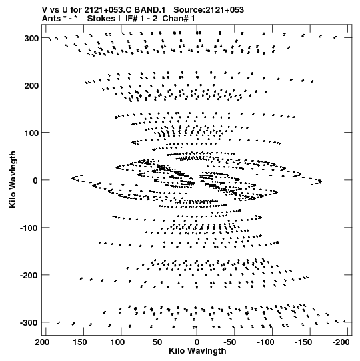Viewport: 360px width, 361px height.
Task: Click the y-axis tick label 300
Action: (31, 38)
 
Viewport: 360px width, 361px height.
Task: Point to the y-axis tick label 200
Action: (31, 85)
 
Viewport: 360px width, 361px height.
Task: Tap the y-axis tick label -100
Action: (29, 228)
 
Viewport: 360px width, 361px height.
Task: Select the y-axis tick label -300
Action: (29, 323)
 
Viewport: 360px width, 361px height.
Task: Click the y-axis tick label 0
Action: (35, 180)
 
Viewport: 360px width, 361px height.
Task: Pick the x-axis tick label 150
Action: (80, 342)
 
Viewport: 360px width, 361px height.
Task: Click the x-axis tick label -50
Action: (230, 342)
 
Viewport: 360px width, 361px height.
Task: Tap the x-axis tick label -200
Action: (341, 342)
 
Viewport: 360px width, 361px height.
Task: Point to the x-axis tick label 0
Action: (197, 342)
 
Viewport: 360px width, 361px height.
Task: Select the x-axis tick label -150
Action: (303, 342)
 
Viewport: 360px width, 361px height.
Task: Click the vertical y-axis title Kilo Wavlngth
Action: (13, 179)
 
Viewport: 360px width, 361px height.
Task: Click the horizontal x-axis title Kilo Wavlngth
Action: (197, 351)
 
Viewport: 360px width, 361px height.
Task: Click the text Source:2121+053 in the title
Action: (209, 10)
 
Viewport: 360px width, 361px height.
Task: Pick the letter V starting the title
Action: (45, 10)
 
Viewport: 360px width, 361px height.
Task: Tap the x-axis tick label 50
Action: (157, 342)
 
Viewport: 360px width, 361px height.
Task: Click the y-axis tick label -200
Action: (29, 276)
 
